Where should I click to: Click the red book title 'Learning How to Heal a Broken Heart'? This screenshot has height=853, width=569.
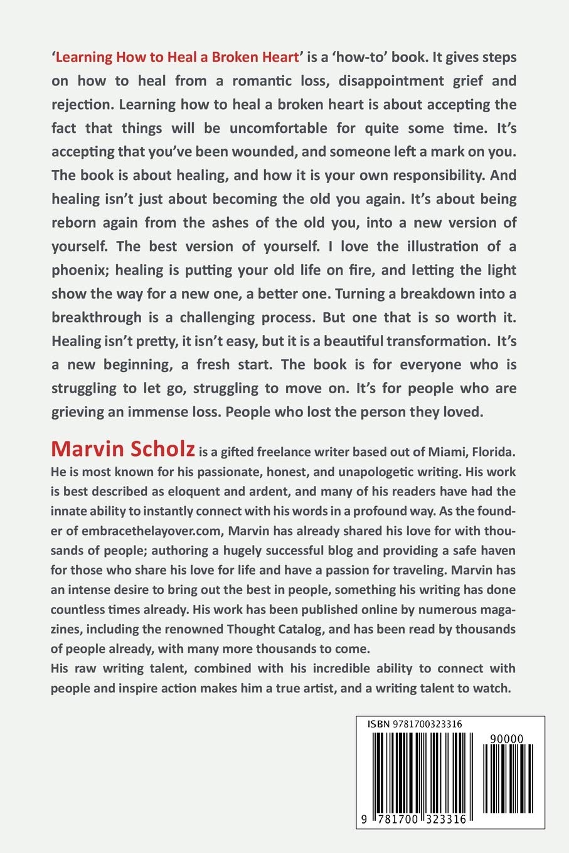177,57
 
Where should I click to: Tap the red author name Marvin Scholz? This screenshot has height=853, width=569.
124,449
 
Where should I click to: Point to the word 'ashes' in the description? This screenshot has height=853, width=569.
234,223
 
